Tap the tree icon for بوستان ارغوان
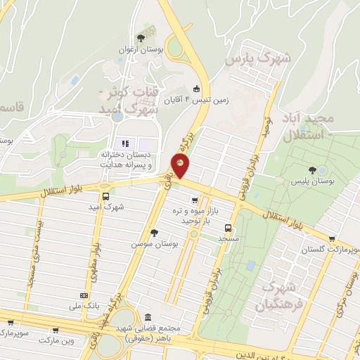click(141, 37)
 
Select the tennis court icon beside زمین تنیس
click(196, 89)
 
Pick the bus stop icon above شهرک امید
click(105, 196)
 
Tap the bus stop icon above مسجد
click(228, 228)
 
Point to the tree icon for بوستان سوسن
click(154, 233)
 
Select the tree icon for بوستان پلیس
click(322, 170)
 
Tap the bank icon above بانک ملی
click(85, 296)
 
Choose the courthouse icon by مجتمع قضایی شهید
click(148, 317)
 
